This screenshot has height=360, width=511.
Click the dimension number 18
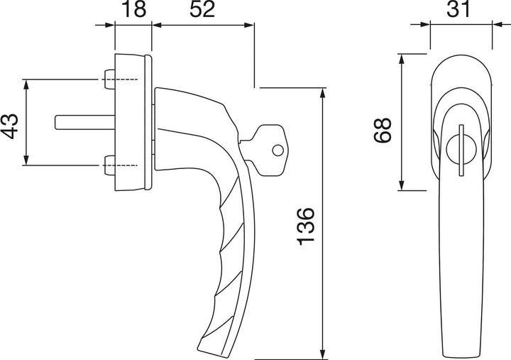(133, 11)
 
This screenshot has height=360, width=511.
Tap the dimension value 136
(304, 226)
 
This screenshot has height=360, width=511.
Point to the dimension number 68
(383, 131)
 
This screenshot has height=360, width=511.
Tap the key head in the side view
(268, 148)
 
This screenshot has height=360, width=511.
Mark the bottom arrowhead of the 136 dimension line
(324, 352)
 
